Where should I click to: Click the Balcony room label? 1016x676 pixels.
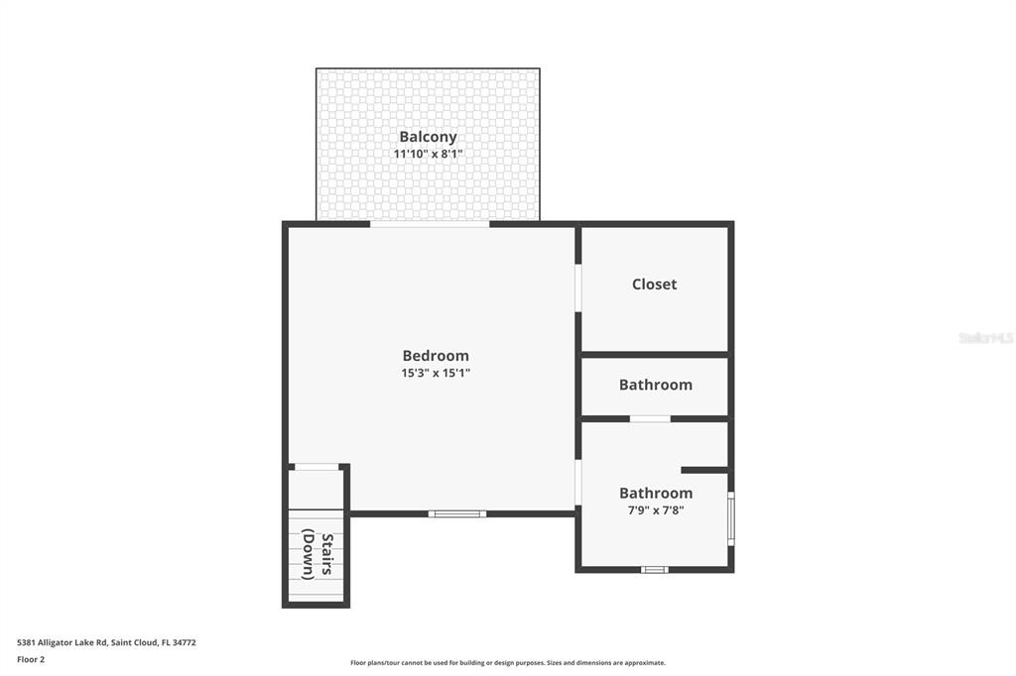pyautogui.click(x=428, y=137)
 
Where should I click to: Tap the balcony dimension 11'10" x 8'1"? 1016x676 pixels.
pyautogui.click(x=428, y=154)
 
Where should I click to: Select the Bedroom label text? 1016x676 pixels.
pyautogui.click(x=436, y=356)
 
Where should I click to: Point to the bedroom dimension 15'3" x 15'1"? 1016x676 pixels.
pyautogui.click(x=436, y=373)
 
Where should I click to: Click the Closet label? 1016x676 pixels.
pyautogui.click(x=655, y=284)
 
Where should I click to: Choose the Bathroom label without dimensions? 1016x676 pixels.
pyautogui.click(x=656, y=385)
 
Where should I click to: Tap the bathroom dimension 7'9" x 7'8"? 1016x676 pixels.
pyautogui.click(x=656, y=510)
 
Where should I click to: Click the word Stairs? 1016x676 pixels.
pyautogui.click(x=327, y=554)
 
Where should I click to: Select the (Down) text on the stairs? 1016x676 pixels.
pyautogui.click(x=309, y=554)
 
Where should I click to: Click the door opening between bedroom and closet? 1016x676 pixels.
pyautogui.click(x=578, y=288)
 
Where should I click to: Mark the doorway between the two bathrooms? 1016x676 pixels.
pyautogui.click(x=650, y=419)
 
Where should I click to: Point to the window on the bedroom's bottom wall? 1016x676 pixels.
pyautogui.click(x=457, y=514)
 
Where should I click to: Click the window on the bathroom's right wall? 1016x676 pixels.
pyautogui.click(x=731, y=518)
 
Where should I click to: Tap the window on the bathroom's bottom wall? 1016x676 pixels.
pyautogui.click(x=655, y=570)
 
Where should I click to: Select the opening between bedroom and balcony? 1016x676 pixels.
pyautogui.click(x=430, y=224)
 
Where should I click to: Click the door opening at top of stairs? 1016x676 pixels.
pyautogui.click(x=317, y=466)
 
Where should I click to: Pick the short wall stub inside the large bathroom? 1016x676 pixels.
pyautogui.click(x=704, y=470)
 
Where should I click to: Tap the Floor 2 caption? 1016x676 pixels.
pyautogui.click(x=31, y=660)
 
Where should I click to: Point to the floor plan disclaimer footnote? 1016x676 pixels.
pyautogui.click(x=508, y=663)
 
